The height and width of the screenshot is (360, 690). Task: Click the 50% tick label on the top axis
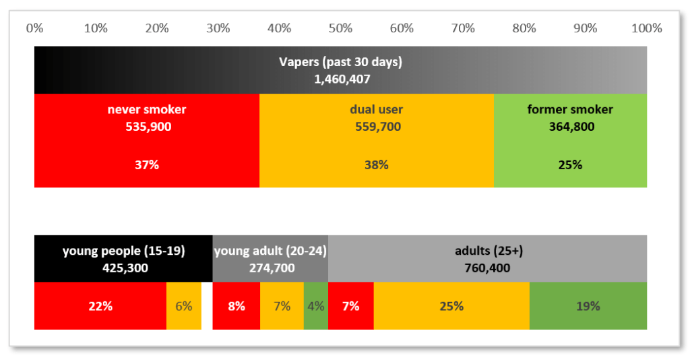[x=340, y=28]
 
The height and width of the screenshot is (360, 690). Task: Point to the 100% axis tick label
[x=647, y=28]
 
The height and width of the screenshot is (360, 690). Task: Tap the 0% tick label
[x=34, y=28]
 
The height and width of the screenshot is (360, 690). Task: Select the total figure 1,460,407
[x=342, y=79]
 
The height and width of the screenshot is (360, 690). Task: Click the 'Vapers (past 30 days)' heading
[x=340, y=63]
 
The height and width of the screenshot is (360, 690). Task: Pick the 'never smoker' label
[x=147, y=110]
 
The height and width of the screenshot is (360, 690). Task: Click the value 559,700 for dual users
[x=376, y=126]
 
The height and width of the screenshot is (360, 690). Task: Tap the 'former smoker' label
[x=570, y=110]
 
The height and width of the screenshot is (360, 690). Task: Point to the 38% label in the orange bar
[x=376, y=164]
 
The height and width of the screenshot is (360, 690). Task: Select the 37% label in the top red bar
[x=147, y=164]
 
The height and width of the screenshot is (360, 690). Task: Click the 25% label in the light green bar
[x=570, y=164]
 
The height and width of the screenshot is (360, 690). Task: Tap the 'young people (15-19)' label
[x=123, y=251]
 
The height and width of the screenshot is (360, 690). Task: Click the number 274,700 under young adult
[x=270, y=268]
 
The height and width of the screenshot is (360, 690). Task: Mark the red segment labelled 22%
[x=100, y=306]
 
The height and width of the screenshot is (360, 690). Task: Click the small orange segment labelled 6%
[x=183, y=306]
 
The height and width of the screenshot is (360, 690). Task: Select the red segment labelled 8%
[x=237, y=306]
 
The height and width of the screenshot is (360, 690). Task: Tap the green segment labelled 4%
[x=315, y=306]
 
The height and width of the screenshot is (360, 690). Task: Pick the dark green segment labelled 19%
[x=588, y=306]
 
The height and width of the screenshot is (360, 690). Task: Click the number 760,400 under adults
[x=487, y=268]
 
